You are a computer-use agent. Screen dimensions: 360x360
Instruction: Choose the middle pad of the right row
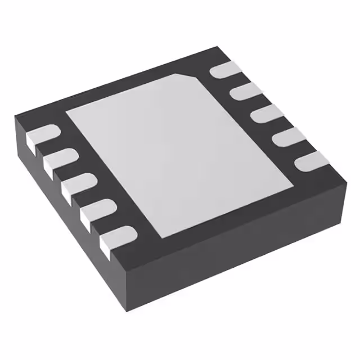coord(265,115)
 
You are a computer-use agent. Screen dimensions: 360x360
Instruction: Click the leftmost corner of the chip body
coord(15,115)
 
